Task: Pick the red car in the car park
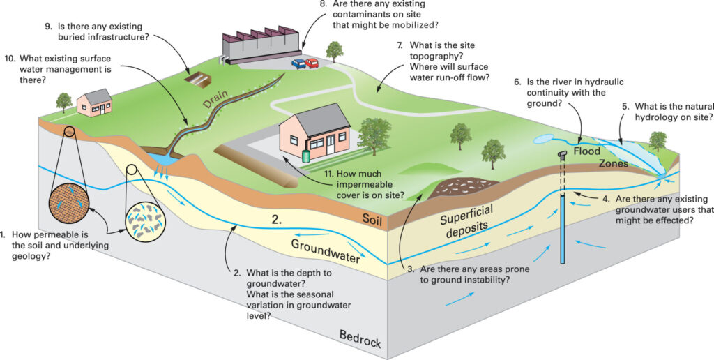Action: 312,63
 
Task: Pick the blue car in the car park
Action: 298,63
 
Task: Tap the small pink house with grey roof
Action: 95,103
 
